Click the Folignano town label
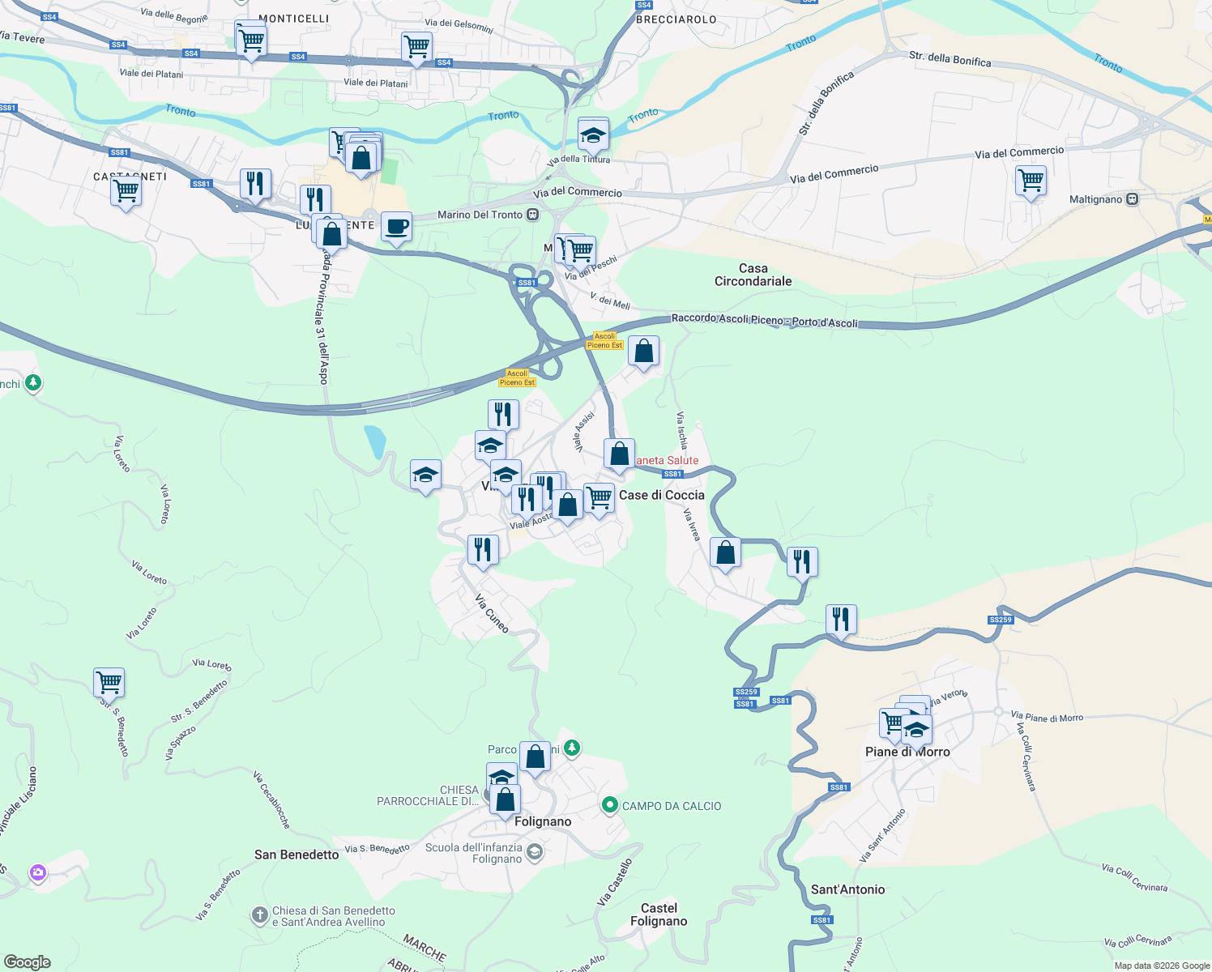click(x=543, y=821)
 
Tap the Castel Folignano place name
click(x=659, y=914)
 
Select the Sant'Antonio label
click(x=847, y=889)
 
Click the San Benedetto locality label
click(x=297, y=855)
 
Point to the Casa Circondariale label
click(x=753, y=275)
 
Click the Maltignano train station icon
click(x=1133, y=199)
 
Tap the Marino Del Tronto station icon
click(x=532, y=215)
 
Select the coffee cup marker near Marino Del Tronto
click(x=396, y=226)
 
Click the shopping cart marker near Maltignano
click(x=1031, y=181)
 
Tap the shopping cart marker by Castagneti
click(x=126, y=192)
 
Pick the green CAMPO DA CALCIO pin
click(x=609, y=805)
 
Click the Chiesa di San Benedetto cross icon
click(x=259, y=916)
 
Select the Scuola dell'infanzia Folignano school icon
click(x=534, y=851)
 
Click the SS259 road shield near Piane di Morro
click(x=1001, y=620)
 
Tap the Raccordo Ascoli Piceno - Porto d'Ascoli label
click(x=764, y=321)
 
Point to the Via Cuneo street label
click(x=492, y=613)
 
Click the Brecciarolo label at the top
click(x=676, y=19)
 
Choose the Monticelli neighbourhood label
click(x=294, y=19)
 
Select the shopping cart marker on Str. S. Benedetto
click(x=109, y=682)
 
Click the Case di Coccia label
click(x=661, y=495)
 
